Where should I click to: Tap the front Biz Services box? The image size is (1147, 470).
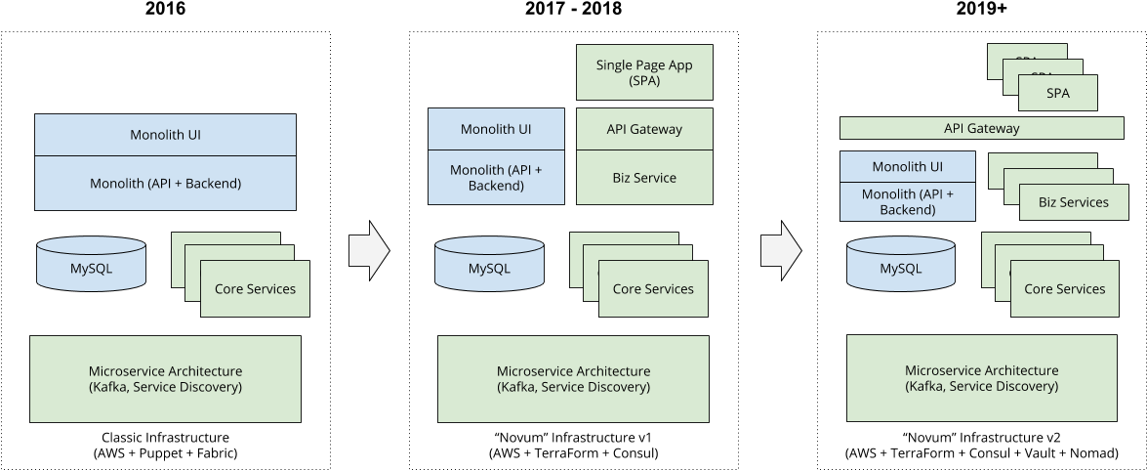pyautogui.click(x=1073, y=202)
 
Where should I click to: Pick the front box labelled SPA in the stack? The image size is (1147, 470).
pyautogui.click(x=1058, y=94)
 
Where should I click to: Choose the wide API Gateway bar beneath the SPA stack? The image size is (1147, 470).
pyautogui.click(x=981, y=128)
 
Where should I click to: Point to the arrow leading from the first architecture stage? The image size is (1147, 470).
pyautogui.click(x=369, y=251)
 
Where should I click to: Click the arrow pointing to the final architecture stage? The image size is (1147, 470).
pyautogui.click(x=781, y=251)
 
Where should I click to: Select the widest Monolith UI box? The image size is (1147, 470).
pyautogui.click(x=165, y=135)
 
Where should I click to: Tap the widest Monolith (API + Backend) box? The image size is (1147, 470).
pyautogui.click(x=165, y=183)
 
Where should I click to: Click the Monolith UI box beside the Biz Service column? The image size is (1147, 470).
pyautogui.click(x=496, y=129)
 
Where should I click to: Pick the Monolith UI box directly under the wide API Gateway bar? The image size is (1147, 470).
pyautogui.click(x=907, y=166)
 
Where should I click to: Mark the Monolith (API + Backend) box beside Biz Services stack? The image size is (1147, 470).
pyautogui.click(x=907, y=202)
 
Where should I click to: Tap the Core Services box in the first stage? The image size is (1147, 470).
pyautogui.click(x=255, y=289)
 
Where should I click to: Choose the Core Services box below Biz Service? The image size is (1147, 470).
pyautogui.click(x=653, y=289)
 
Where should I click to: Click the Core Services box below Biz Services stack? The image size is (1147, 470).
pyautogui.click(x=1064, y=289)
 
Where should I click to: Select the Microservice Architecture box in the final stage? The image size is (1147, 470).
pyautogui.click(x=981, y=378)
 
